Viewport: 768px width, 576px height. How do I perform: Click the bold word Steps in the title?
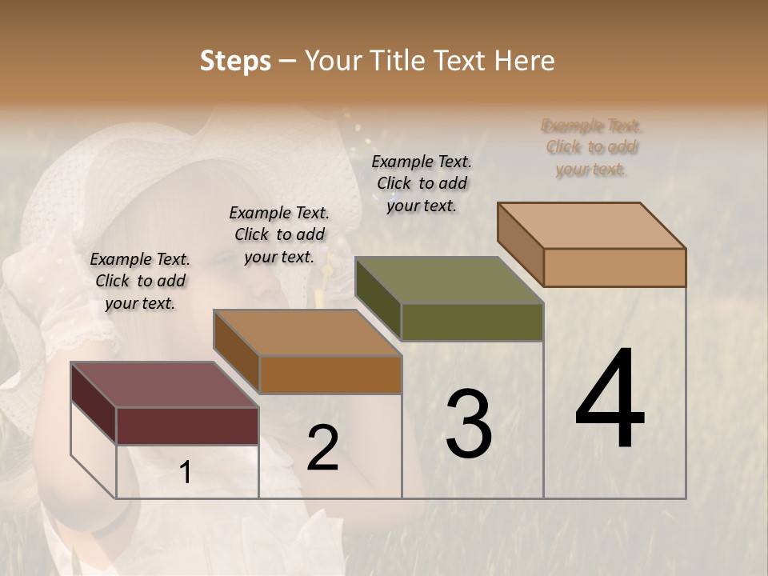pyautogui.click(x=235, y=61)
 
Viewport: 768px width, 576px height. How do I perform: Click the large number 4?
pyautogui.click(x=610, y=399)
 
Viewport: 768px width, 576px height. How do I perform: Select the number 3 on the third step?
pyautogui.click(x=468, y=424)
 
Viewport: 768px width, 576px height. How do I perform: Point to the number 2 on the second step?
pyautogui.click(x=322, y=448)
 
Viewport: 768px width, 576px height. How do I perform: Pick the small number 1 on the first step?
pyautogui.click(x=185, y=473)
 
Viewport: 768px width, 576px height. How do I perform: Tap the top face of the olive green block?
pyautogui.click(x=449, y=280)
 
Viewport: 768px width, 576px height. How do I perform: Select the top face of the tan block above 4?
pyautogui.click(x=591, y=226)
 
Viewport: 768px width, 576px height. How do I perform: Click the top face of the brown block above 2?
pyautogui.click(x=307, y=333)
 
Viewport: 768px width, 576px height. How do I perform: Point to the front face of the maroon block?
pyautogui.click(x=187, y=426)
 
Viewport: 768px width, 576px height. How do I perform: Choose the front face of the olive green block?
pyautogui.click(x=472, y=322)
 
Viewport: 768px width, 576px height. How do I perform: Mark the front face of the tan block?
pyautogui.click(x=614, y=267)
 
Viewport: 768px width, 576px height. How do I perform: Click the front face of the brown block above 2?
pyautogui.click(x=330, y=374)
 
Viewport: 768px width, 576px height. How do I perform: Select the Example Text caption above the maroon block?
pyautogui.click(x=140, y=281)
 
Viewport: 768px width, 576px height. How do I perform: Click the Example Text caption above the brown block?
pyautogui.click(x=279, y=234)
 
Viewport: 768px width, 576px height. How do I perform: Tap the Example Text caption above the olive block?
pyautogui.click(x=422, y=183)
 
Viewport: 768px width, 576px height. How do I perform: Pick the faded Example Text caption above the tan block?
pyautogui.click(x=592, y=147)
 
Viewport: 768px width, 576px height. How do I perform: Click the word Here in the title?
pyautogui.click(x=525, y=61)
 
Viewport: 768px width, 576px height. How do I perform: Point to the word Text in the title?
pyautogui.click(x=462, y=61)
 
